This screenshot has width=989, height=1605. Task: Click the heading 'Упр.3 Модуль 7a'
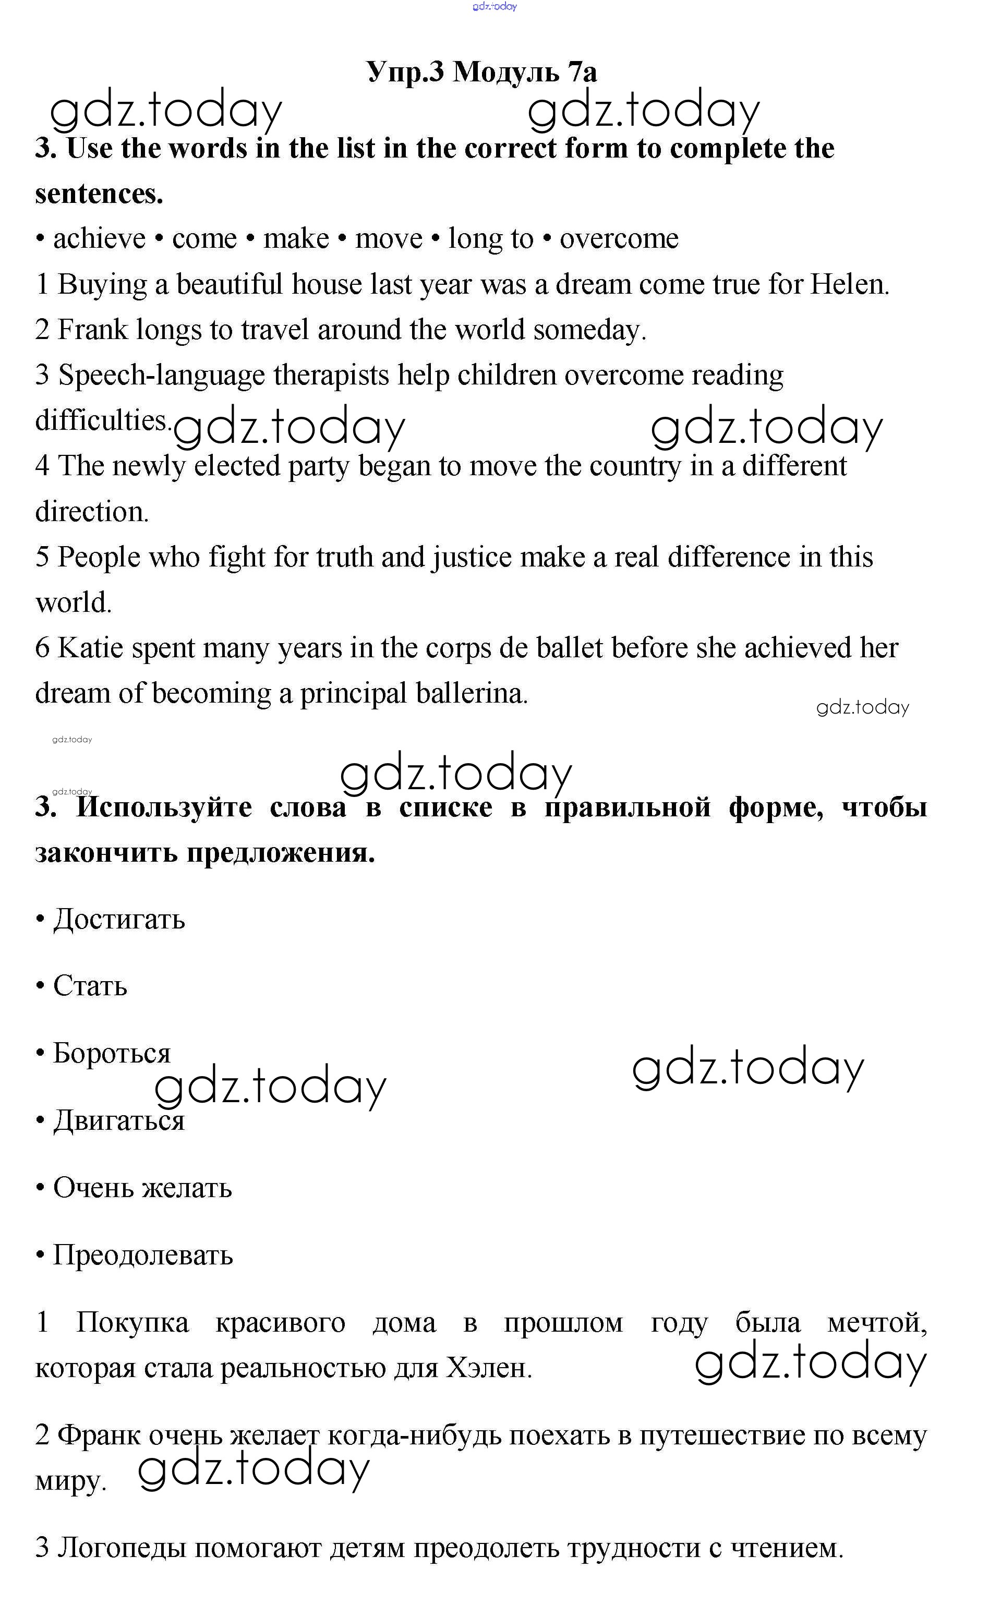(x=481, y=71)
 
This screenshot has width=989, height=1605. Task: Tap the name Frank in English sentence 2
(x=92, y=330)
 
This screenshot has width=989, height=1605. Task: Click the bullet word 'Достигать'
(x=119, y=919)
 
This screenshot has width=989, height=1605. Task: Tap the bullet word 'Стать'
(x=90, y=986)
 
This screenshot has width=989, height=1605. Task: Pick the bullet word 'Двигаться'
(x=119, y=1120)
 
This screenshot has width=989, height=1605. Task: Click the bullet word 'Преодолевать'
(x=142, y=1255)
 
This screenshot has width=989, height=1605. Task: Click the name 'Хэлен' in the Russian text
(x=488, y=1368)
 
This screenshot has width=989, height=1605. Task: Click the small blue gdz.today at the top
(x=495, y=7)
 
